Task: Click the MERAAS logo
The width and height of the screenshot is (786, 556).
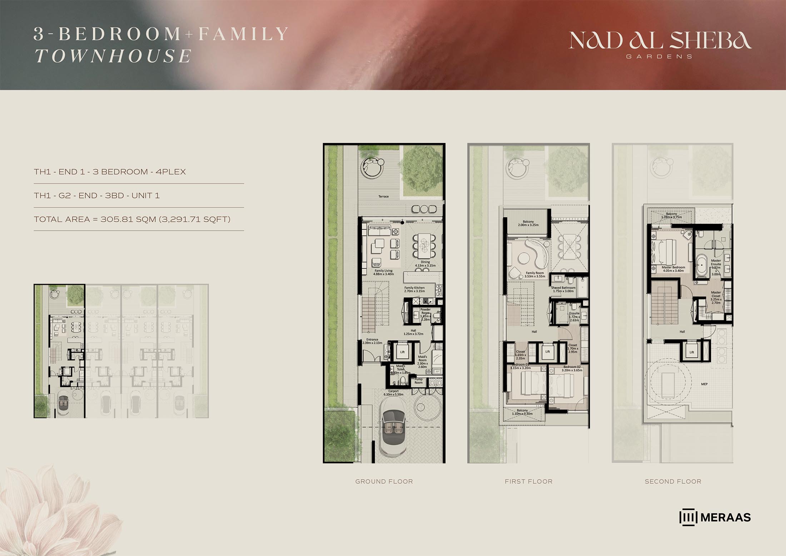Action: pyautogui.click(x=715, y=517)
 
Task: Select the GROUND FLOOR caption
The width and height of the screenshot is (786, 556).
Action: pyautogui.click(x=384, y=481)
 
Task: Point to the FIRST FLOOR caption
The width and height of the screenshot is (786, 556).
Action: pyautogui.click(x=528, y=481)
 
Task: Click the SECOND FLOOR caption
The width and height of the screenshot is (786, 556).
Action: pyautogui.click(x=673, y=481)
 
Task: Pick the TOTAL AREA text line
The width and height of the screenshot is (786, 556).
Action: pyautogui.click(x=132, y=219)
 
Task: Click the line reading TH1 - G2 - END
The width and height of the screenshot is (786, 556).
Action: pyautogui.click(x=97, y=195)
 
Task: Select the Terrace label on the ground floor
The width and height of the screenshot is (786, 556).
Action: pyautogui.click(x=383, y=197)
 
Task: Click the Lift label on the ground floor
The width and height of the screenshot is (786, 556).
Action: pyautogui.click(x=402, y=352)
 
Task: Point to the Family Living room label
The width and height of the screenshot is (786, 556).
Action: pyautogui.click(x=384, y=272)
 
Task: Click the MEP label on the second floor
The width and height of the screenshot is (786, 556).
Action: pyautogui.click(x=704, y=384)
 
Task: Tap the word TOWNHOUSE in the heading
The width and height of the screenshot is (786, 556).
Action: pyautogui.click(x=113, y=56)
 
